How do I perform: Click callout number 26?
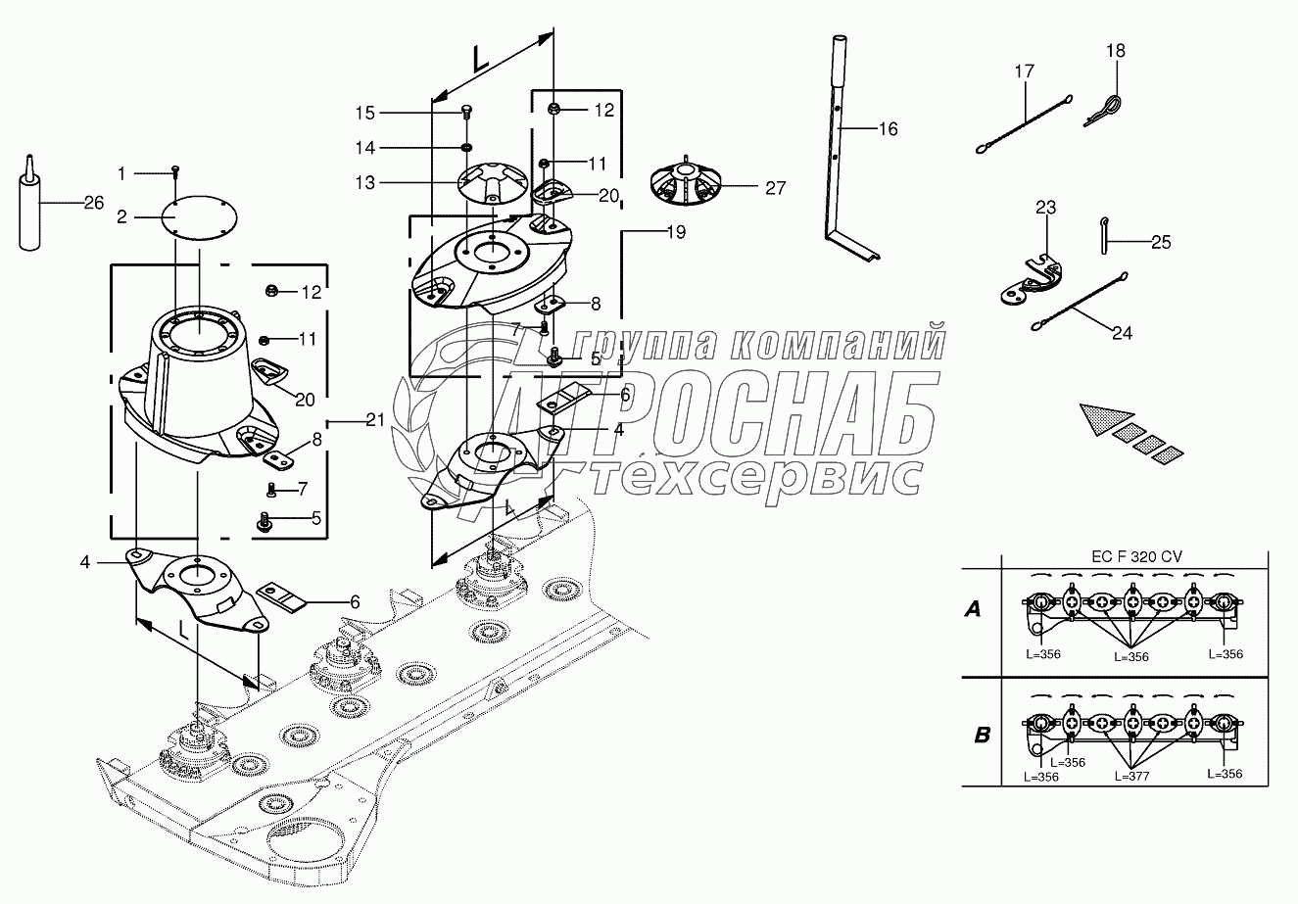(x=93, y=204)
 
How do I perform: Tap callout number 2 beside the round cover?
(x=122, y=217)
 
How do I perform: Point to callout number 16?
(x=888, y=128)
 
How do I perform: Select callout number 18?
(x=1116, y=50)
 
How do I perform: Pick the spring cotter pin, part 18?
(x=1102, y=108)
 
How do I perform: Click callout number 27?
(x=775, y=188)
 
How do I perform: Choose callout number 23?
(x=1045, y=207)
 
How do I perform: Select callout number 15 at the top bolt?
(x=364, y=114)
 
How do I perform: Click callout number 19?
(x=675, y=233)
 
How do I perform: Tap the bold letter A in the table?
(x=972, y=609)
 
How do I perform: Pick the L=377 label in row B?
(x=1130, y=776)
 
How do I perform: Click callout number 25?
(x=1161, y=241)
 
